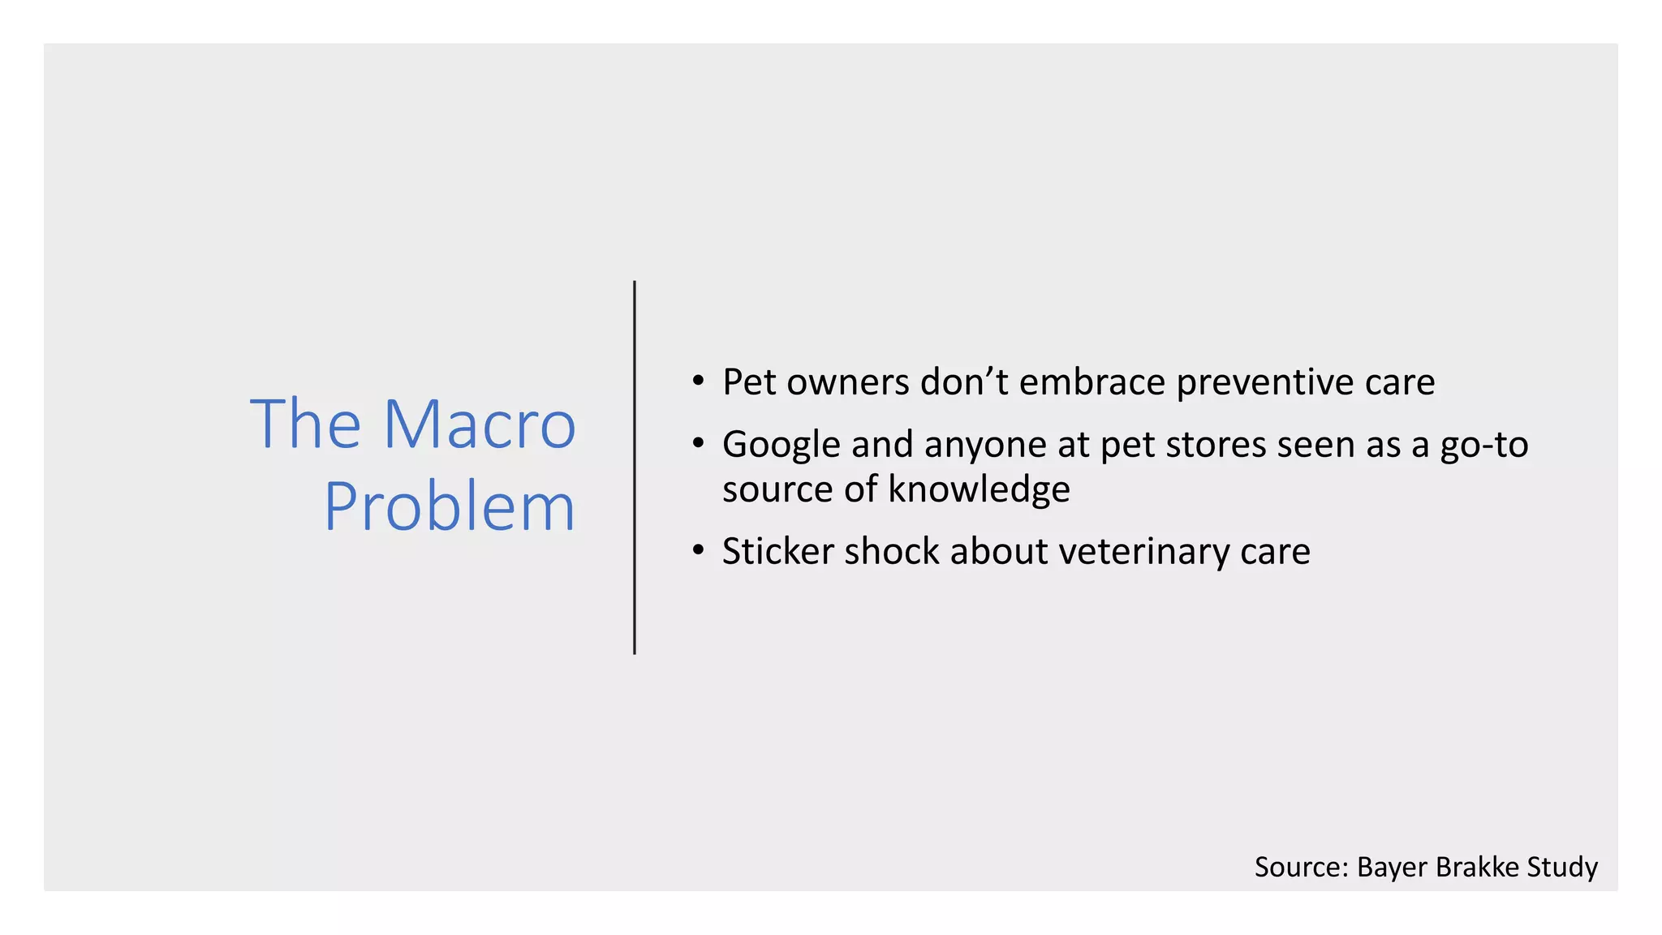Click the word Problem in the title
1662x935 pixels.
coord(450,507)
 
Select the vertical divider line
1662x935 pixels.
coord(635,467)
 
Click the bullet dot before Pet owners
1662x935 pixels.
coord(698,381)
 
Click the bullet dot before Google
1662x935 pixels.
coord(698,444)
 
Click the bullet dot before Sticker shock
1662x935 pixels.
coord(698,551)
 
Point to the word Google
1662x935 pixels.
coord(781,446)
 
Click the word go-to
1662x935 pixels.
coord(1483,446)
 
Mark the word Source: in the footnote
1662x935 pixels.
coord(1301,867)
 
